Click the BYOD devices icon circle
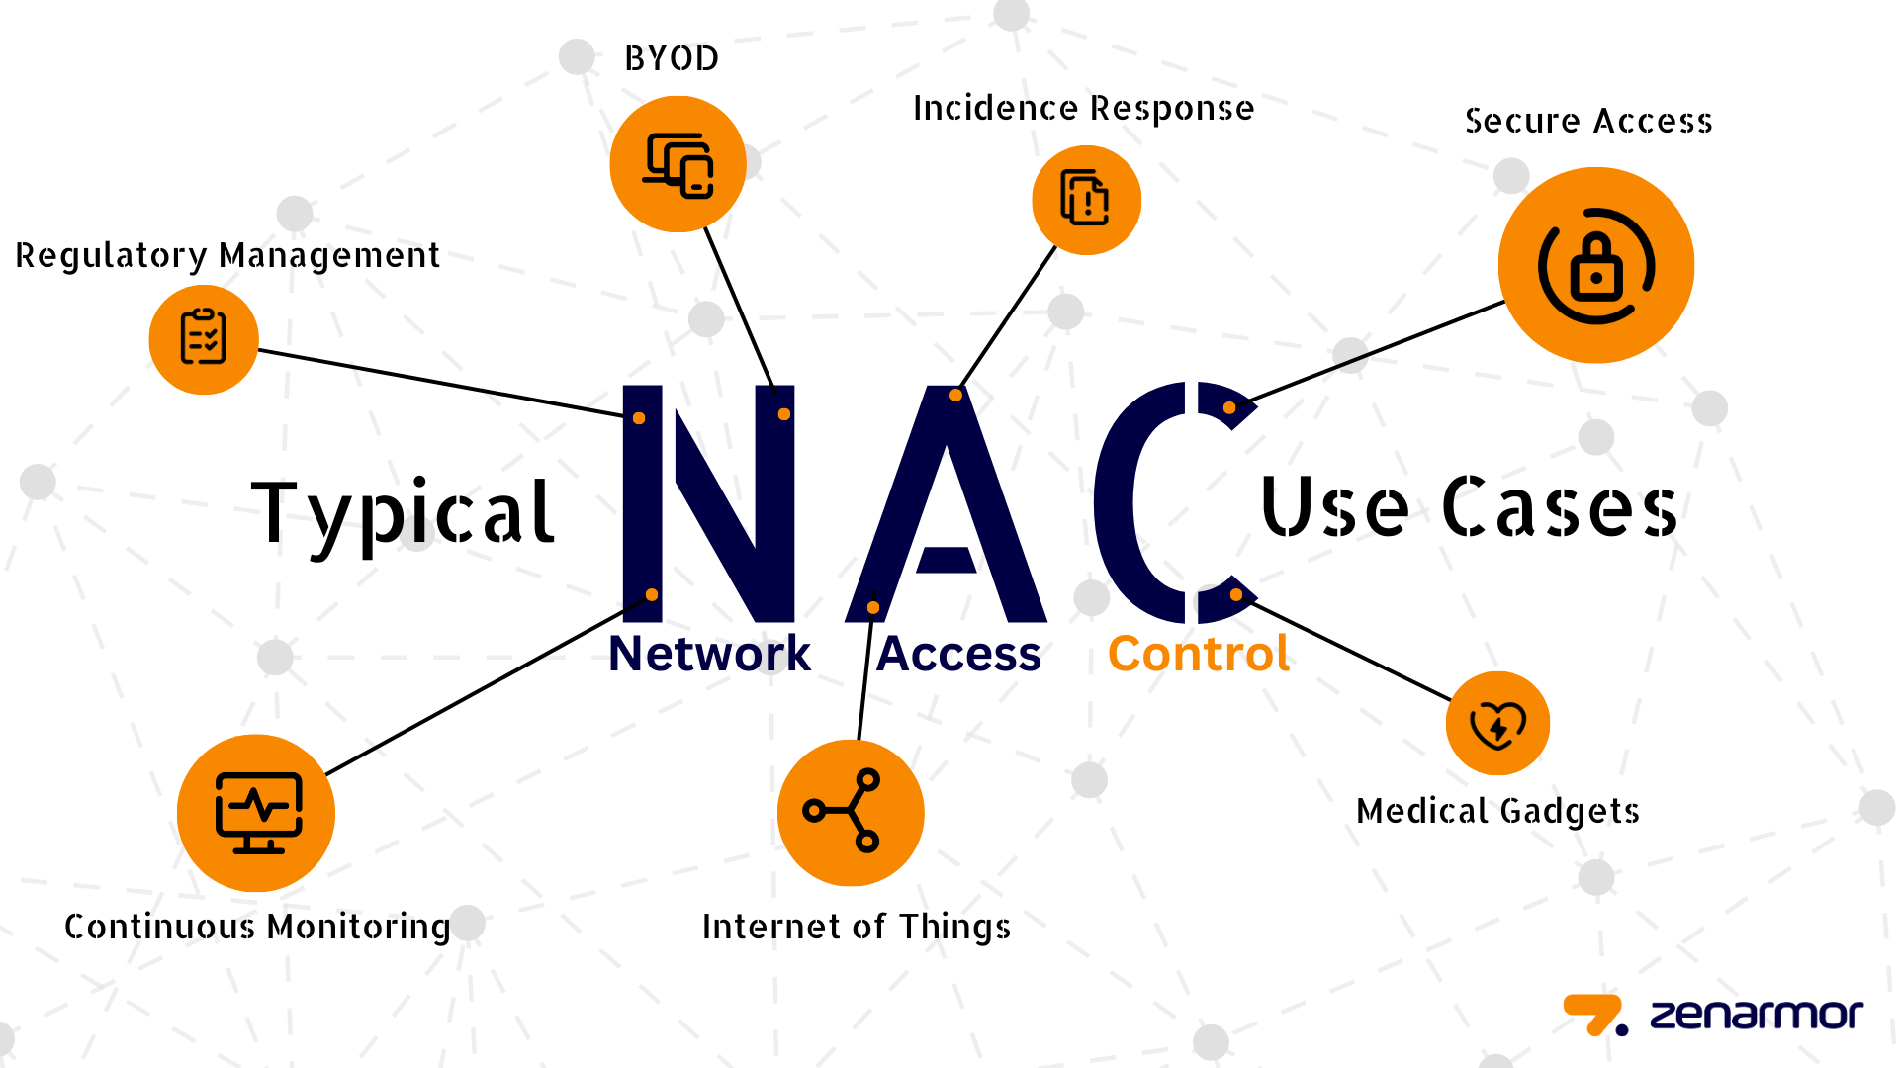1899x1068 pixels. coord(678,164)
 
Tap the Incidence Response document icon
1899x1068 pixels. coord(1086,200)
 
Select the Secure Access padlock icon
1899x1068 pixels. coord(1596,265)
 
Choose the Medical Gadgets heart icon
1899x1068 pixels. coord(1497,724)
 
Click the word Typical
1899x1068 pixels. coord(403,515)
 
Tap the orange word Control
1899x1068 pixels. coord(1199,654)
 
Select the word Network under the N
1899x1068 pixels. coord(709,654)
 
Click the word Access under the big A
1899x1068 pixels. coord(958,654)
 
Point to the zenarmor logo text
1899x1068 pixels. coord(1757,1015)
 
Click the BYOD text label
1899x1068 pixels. coord(672,59)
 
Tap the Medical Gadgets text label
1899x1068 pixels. coord(1497,811)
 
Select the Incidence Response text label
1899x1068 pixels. coord(1083,108)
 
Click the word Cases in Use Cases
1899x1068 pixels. coord(1560,507)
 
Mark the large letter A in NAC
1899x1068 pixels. coord(947,504)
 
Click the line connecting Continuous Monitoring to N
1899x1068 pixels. coord(489,684)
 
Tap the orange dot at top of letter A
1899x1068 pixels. coord(955,395)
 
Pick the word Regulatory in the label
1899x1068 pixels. coord(111,256)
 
